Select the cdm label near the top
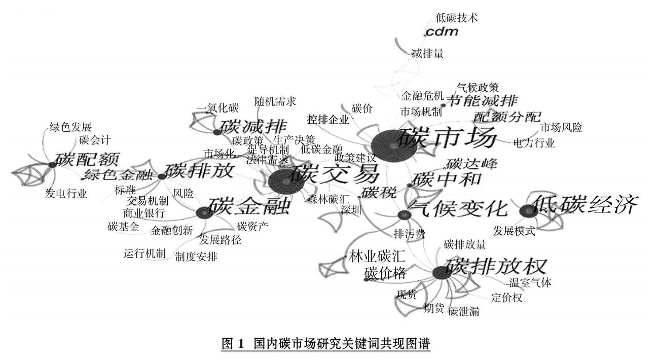pos(442,32)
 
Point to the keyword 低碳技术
pos(457,18)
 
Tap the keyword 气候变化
pos(458,208)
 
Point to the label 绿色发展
pos(70,127)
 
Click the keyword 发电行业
pos(66,193)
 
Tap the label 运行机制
pos(144,254)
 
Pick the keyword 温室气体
pos(530,282)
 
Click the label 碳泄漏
pos(464,311)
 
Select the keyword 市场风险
pos(561,127)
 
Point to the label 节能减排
pos(482,100)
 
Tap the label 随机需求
pos(275,101)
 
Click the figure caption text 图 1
pos(234,343)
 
